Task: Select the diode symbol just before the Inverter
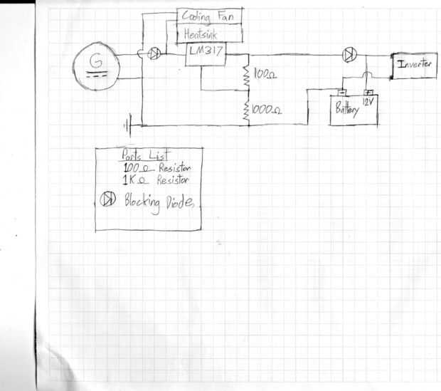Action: click(x=349, y=54)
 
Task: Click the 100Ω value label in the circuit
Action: click(x=265, y=75)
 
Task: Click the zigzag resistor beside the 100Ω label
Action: click(x=246, y=74)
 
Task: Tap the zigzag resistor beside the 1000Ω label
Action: click(x=246, y=110)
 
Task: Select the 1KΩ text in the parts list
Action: click(x=132, y=181)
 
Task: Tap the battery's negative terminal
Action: click(x=342, y=93)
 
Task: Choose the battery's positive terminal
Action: click(x=368, y=93)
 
